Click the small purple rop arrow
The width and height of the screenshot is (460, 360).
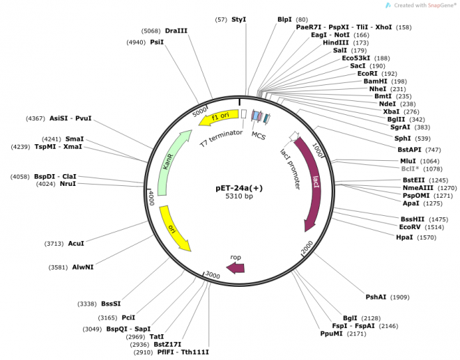coord(236,267)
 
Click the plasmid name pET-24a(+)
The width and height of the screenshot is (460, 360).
coord(239,187)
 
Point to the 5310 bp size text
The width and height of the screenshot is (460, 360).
coord(239,197)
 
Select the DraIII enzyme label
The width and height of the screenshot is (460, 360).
coord(176,31)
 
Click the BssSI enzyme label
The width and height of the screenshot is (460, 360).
coord(111,304)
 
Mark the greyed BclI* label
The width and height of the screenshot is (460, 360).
coord(408,169)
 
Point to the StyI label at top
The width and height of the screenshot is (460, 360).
coord(239,19)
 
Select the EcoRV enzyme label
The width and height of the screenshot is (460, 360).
coord(410,226)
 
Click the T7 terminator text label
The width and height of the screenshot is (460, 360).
coord(221,137)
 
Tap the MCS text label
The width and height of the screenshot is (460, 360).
coord(259,136)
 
